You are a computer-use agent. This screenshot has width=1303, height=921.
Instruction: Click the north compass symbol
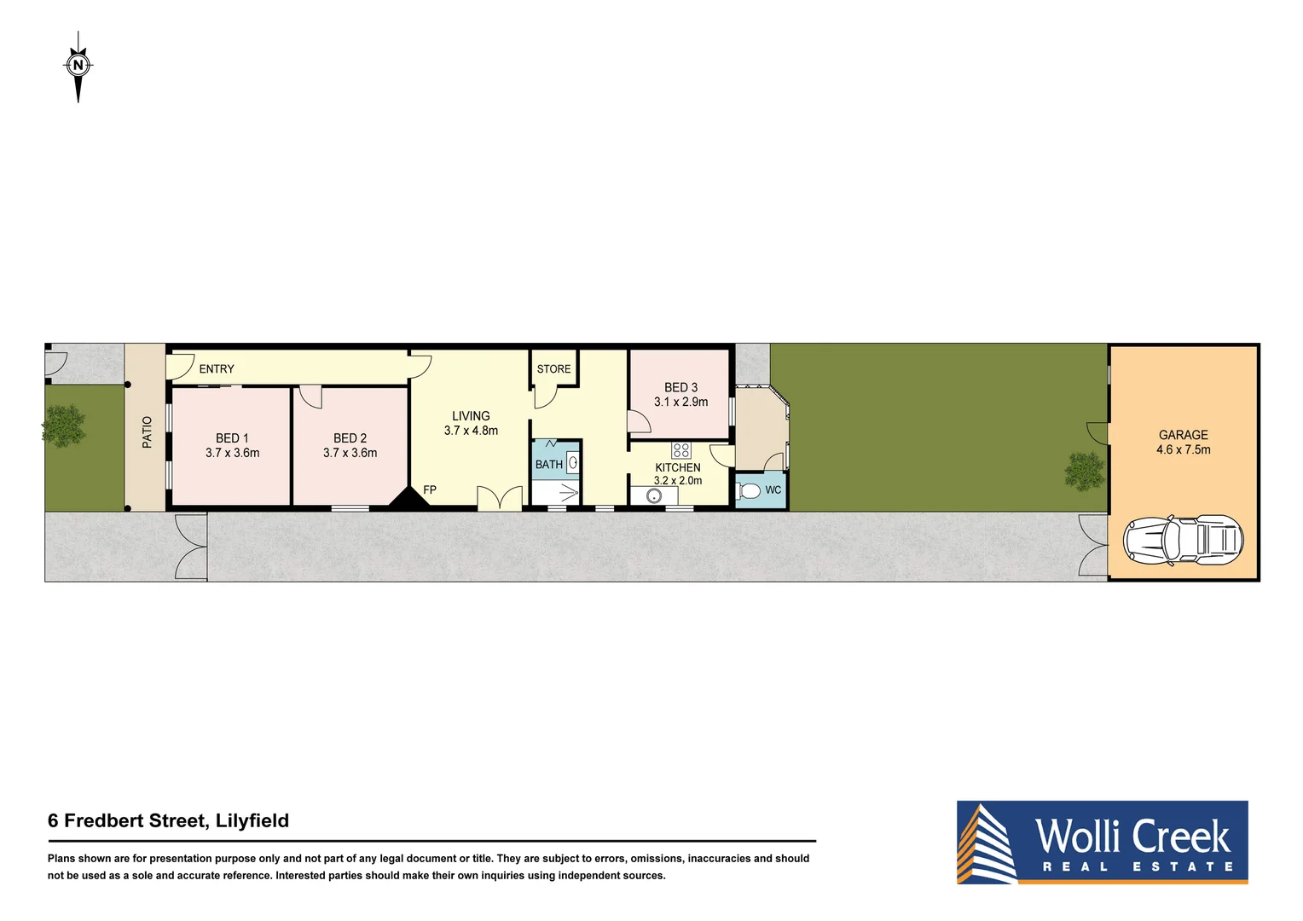pyautogui.click(x=78, y=66)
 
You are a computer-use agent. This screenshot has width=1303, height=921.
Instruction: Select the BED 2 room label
pyautogui.click(x=350, y=437)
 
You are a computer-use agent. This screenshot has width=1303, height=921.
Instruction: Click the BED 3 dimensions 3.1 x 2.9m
pyautogui.click(x=680, y=402)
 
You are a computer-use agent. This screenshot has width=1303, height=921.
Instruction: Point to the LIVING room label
pyautogui.click(x=471, y=416)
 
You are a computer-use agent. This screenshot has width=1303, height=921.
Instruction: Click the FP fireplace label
pyautogui.click(x=430, y=489)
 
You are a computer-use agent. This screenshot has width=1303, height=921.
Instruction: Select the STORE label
pyautogui.click(x=553, y=369)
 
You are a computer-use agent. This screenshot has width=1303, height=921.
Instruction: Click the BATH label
pyautogui.click(x=548, y=465)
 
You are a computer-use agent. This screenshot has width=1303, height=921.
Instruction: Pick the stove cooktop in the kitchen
pyautogui.click(x=680, y=450)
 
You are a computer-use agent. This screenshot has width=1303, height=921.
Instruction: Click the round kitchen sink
pyautogui.click(x=654, y=496)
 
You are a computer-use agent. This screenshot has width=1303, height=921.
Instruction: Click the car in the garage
pyautogui.click(x=1183, y=540)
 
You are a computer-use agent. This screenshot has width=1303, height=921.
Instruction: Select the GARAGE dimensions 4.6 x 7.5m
pyautogui.click(x=1183, y=449)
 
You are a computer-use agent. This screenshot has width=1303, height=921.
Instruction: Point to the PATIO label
pyautogui.click(x=147, y=432)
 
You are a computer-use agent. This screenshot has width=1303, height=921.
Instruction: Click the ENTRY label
pyautogui.click(x=217, y=369)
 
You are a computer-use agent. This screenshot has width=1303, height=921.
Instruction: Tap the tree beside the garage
pyautogui.click(x=1084, y=471)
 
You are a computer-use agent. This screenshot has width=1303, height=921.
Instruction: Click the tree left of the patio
pyautogui.click(x=64, y=425)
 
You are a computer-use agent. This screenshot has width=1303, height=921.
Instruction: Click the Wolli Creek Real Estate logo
pyautogui.click(x=1102, y=842)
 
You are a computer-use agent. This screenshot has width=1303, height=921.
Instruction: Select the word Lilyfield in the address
pyautogui.click(x=252, y=820)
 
